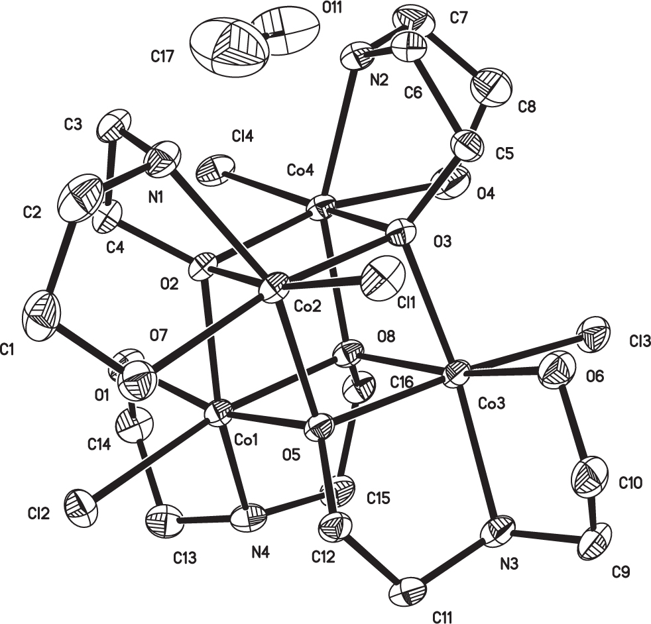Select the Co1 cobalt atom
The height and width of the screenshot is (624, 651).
pyautogui.click(x=218, y=412)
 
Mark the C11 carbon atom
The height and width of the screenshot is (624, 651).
pyautogui.click(x=408, y=592)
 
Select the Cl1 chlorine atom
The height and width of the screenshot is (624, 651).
pyautogui.click(x=383, y=279)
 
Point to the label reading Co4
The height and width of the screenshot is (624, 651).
pyautogui.click(x=300, y=170)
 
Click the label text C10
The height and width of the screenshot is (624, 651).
pyautogui.click(x=630, y=482)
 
